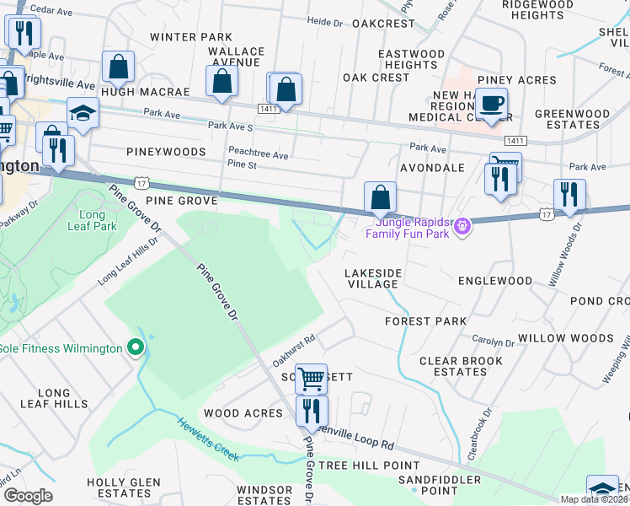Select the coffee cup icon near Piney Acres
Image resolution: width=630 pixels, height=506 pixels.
click(x=492, y=105)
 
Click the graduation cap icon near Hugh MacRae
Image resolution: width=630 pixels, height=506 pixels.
click(x=83, y=114)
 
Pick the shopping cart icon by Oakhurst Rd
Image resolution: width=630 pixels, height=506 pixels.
click(x=311, y=379)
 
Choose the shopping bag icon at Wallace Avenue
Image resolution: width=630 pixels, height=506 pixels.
click(x=222, y=83)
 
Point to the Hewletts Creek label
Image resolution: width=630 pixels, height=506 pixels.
click(x=208, y=439)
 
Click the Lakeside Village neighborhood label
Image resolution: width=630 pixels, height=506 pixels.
click(x=371, y=279)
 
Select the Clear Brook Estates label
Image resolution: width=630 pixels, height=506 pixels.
click(x=453, y=366)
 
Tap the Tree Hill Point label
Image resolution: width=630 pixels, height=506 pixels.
click(x=369, y=466)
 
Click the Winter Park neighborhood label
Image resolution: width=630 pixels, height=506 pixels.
click(x=191, y=37)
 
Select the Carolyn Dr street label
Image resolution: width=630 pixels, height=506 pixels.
click(x=494, y=343)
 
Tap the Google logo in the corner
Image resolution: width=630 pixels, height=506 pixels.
click(x=27, y=496)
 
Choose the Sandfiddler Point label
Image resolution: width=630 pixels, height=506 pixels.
click(x=439, y=485)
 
